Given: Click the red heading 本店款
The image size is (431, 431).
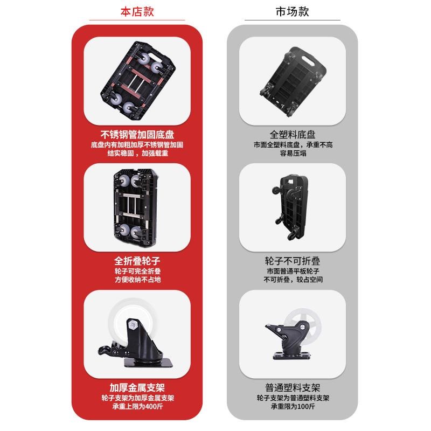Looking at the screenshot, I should pos(137,11).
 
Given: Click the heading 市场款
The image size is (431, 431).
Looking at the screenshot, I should pos(292,11).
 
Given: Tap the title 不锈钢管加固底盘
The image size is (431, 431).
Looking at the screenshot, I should pos(137,134).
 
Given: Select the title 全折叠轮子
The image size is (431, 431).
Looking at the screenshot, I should pos(137,261).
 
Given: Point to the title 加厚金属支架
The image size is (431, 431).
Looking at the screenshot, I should pos(137,388).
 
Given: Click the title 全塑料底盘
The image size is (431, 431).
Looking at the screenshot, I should pos(292,135).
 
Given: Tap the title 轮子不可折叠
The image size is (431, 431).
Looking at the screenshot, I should pos(292,261).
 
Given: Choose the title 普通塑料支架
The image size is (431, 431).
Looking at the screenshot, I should pos(292,388).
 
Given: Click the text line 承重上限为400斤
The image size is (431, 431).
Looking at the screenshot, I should pos(137,407).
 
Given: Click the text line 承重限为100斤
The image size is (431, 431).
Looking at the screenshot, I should pos(292,407).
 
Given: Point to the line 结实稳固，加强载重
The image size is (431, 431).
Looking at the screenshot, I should pos(137,153).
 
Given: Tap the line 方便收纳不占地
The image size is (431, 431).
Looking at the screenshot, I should pos(137,280).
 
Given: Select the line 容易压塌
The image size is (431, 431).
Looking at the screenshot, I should pos(292,154).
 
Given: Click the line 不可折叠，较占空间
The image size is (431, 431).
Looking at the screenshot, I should pos(292,280).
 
